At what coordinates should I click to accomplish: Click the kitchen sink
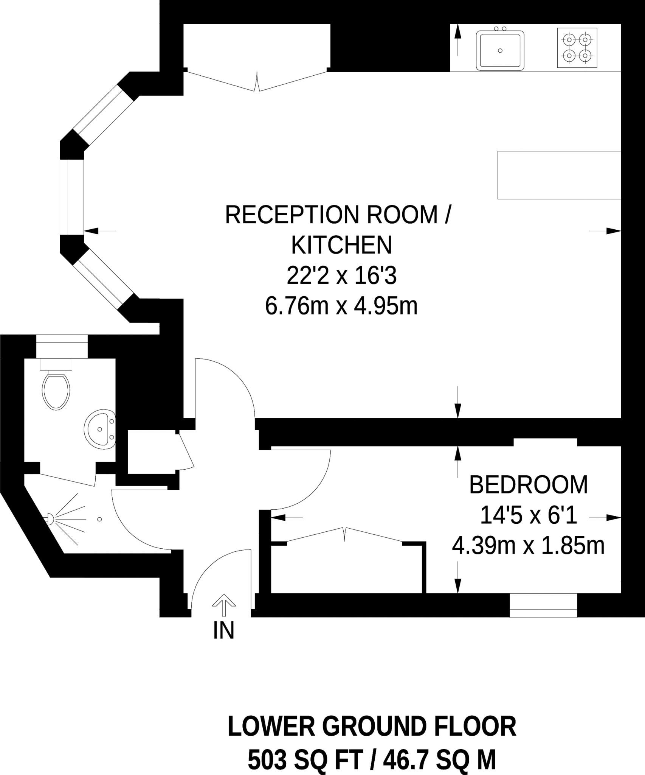[x=500, y=49]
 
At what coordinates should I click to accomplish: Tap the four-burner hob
[x=577, y=48]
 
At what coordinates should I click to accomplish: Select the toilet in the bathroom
[x=56, y=384]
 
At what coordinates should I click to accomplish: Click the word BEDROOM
[x=529, y=485]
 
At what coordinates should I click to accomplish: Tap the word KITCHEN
[x=341, y=245]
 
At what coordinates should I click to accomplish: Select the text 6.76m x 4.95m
[x=341, y=306]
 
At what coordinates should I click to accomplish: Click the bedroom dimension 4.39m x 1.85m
[x=529, y=546]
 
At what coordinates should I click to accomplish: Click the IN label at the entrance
[x=224, y=630]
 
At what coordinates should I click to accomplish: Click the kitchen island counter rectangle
[x=559, y=175]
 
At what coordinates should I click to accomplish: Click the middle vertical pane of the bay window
[x=71, y=197]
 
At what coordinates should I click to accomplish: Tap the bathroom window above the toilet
[x=62, y=346]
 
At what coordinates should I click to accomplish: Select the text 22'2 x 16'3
[x=341, y=276]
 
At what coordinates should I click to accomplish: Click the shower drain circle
[x=100, y=519]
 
